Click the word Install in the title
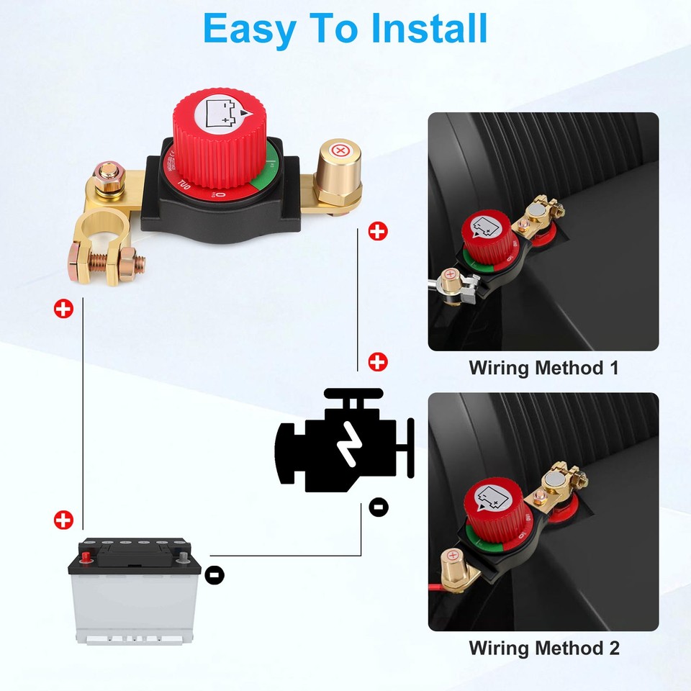(430, 29)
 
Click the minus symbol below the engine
(379, 506)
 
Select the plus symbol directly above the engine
(378, 362)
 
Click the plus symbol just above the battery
(64, 520)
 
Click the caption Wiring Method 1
(543, 368)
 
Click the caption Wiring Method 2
(543, 647)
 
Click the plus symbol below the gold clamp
(64, 310)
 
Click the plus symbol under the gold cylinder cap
(377, 231)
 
